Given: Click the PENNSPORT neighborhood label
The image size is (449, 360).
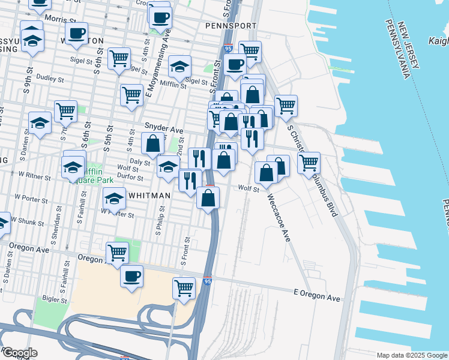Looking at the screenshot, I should [231, 26].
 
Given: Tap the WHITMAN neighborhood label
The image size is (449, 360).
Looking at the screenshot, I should [149, 196].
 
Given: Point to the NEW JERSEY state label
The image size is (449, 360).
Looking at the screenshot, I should [413, 48].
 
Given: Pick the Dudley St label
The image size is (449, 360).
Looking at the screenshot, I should [50, 78].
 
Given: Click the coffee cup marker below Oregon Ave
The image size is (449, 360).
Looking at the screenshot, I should [131, 277].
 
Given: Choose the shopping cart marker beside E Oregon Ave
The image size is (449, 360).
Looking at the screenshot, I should [184, 288].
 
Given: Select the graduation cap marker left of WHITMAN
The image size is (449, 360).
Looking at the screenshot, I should [113, 197].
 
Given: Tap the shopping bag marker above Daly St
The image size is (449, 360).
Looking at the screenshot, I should [153, 144].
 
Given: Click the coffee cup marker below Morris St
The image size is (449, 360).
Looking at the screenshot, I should [76, 34].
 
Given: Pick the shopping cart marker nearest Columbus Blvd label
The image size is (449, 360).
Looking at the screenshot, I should [309, 162].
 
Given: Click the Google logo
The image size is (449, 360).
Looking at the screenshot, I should [19, 353].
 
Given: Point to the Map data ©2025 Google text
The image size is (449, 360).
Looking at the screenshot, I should [412, 355].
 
